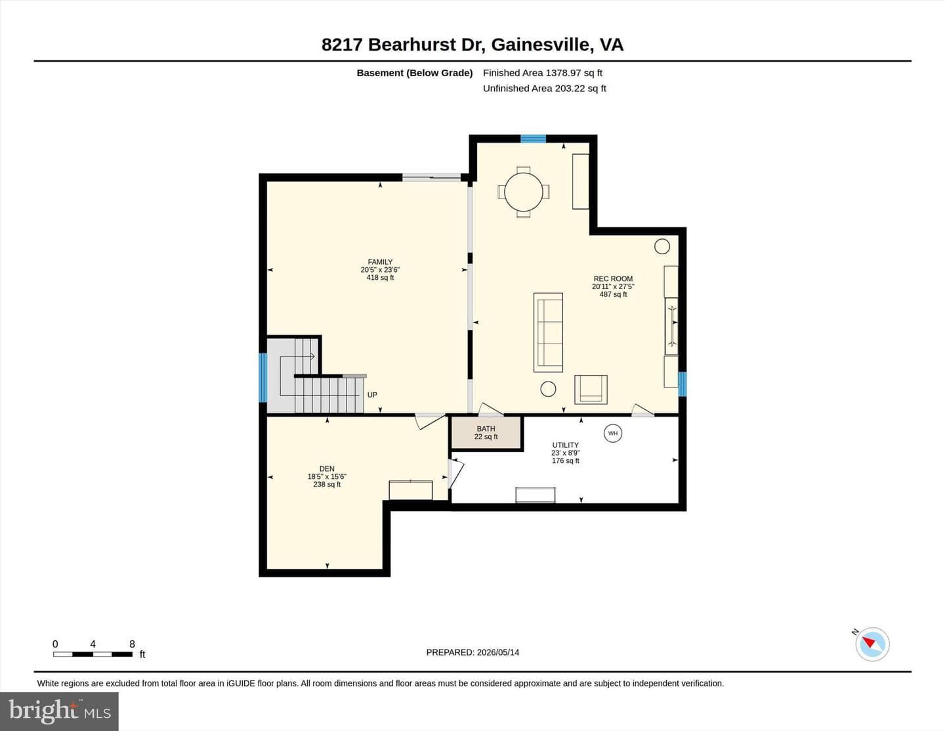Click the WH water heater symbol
click(613, 433)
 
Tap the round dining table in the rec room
click(524, 192)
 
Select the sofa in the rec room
click(548, 332)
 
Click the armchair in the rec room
click(591, 390)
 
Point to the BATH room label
click(486, 429)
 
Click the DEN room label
click(327, 469)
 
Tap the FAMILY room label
click(380, 262)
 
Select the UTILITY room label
click(565, 445)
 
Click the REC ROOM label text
click(613, 278)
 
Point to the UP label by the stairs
click(372, 395)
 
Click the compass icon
click(872, 644)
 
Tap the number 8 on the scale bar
click(132, 644)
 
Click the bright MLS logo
click(59, 712)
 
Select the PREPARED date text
click(472, 652)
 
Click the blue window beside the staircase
click(262, 377)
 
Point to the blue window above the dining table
click(533, 139)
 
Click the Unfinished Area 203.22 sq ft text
click(545, 88)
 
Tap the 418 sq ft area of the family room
click(380, 278)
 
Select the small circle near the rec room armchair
click(548, 389)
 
